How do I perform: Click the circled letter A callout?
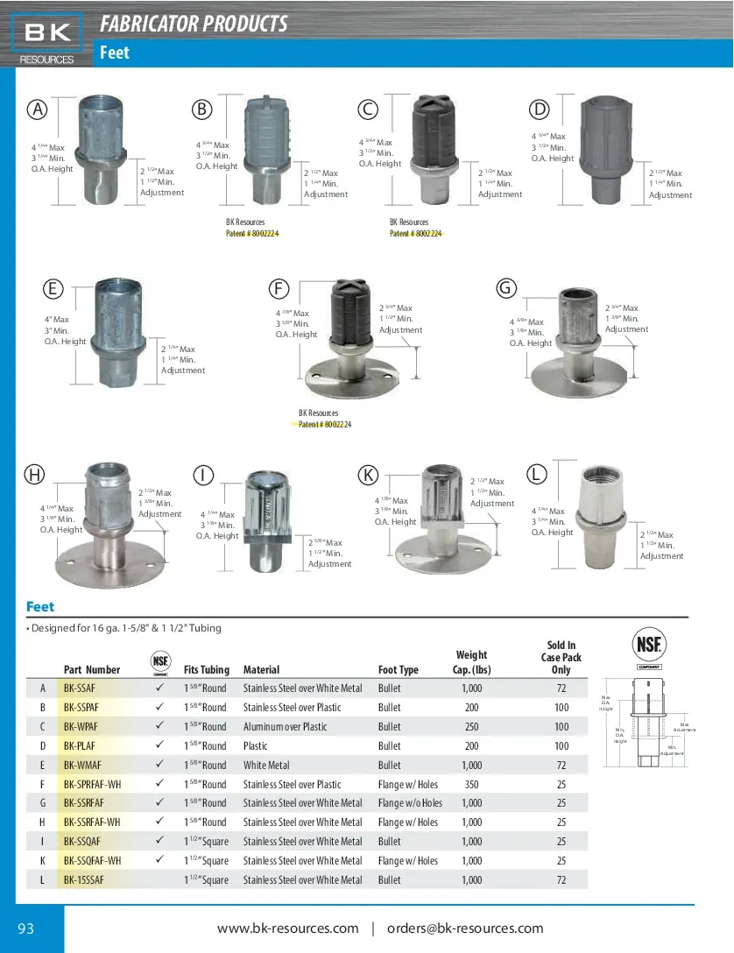(37, 109)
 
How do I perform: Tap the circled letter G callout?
(505, 288)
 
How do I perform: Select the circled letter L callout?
(537, 475)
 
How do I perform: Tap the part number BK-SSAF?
(80, 688)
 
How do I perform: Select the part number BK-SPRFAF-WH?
(93, 784)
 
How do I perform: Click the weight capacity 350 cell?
(471, 784)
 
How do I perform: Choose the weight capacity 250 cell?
(471, 726)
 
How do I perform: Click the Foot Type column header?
(399, 670)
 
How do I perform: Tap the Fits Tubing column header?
(207, 670)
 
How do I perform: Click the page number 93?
(26, 928)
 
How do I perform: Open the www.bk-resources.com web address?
(288, 928)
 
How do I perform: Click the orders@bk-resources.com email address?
(465, 928)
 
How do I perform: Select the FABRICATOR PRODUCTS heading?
(194, 24)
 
